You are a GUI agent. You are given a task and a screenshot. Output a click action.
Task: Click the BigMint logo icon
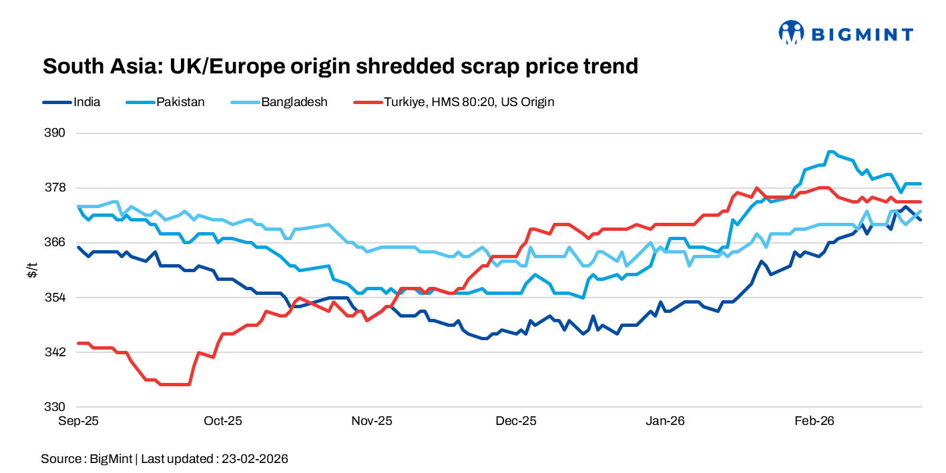coord(791,32)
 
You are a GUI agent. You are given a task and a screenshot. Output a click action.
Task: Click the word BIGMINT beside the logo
coord(862,33)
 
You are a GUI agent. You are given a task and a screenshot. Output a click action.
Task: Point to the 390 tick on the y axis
coord(56,133)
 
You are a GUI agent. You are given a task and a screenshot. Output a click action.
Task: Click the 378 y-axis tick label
coord(56,187)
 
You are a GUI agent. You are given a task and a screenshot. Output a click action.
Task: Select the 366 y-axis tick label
coord(56,242)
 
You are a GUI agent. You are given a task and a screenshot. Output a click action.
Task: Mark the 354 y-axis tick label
coord(56,297)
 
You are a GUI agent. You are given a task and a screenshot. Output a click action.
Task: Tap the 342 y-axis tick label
coord(56,352)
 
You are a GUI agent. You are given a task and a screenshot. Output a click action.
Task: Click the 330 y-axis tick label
coord(56,406)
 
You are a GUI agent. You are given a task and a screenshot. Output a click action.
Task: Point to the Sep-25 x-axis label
coord(78,421)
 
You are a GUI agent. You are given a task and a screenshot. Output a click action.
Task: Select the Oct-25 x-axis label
coord(223,421)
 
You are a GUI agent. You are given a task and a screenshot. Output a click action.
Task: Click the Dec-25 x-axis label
coord(517,421)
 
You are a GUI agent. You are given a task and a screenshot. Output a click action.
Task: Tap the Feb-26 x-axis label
coord(814,421)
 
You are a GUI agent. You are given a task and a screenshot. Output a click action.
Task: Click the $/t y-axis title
coord(31,270)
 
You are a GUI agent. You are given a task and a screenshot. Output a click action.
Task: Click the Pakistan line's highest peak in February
coord(831,151)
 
